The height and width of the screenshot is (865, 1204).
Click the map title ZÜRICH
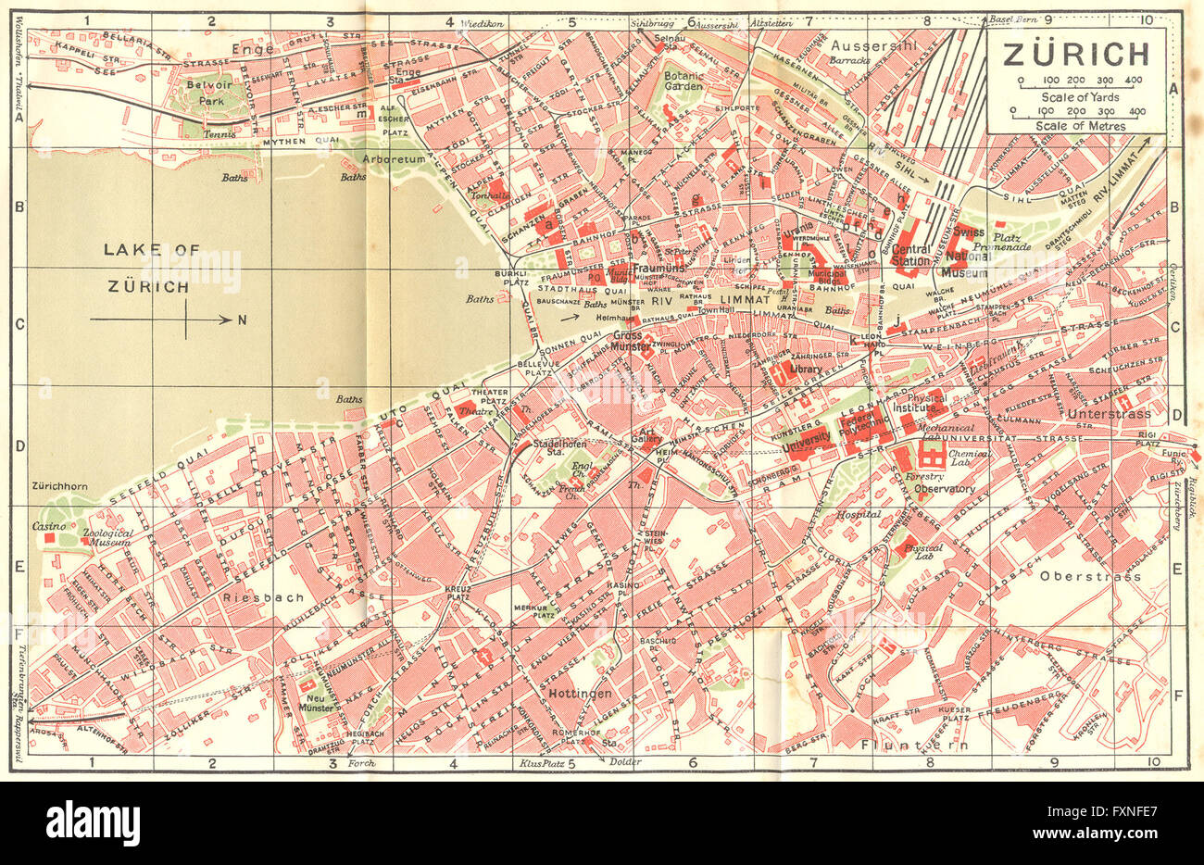pos(1075,54)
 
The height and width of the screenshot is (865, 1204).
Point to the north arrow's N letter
pos(243,320)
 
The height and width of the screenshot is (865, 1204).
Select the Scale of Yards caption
pos(1079,97)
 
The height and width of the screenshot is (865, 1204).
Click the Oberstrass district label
pos(1090,576)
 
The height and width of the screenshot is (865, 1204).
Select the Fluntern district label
pos(913,745)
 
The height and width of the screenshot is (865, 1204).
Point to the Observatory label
pos(944,488)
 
